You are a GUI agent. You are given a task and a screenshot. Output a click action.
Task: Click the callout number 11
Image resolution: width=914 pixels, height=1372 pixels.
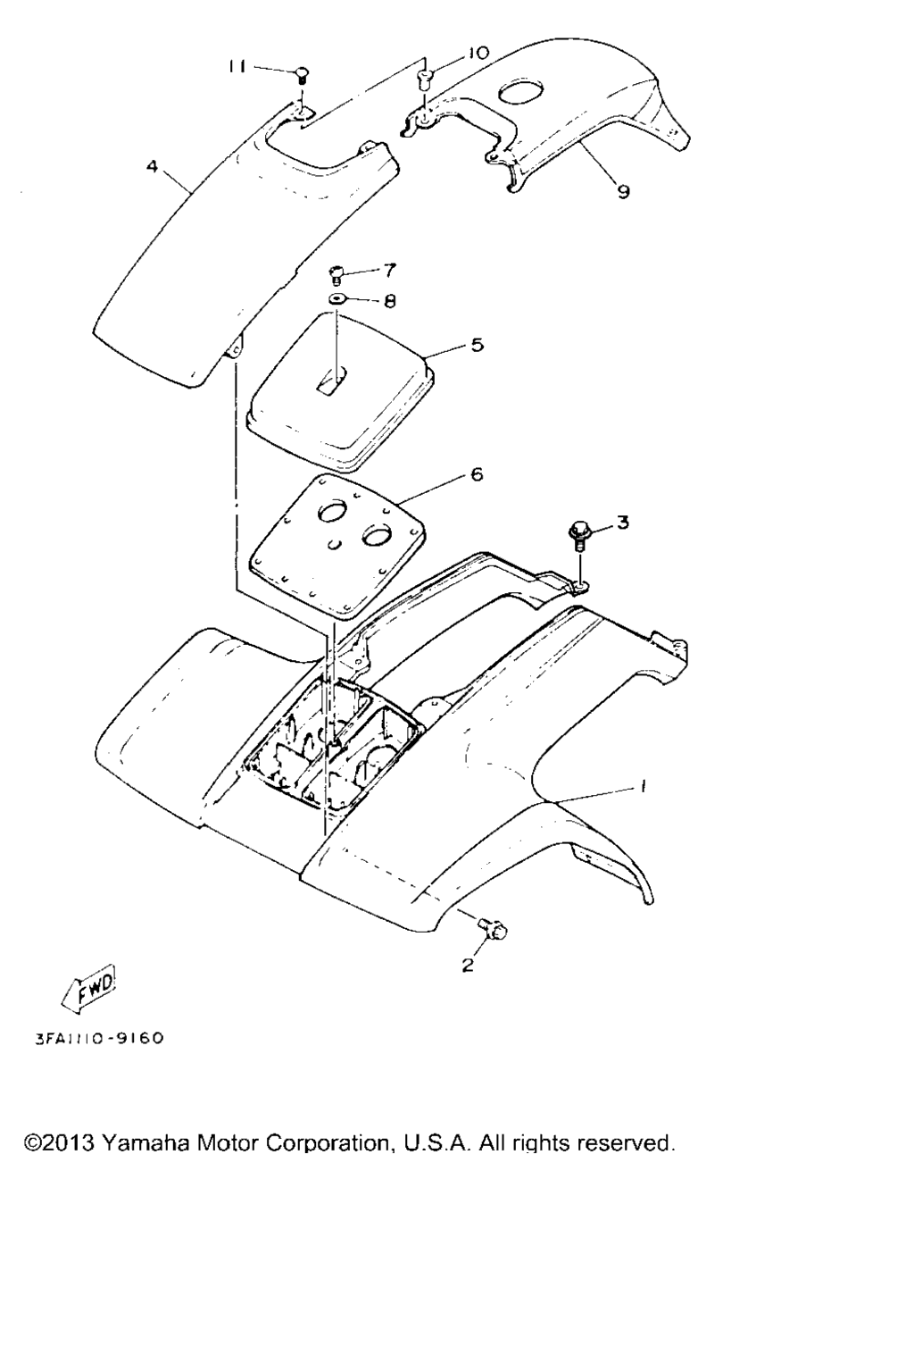237,66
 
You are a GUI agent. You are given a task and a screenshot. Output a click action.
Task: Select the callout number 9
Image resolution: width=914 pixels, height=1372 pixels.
623,192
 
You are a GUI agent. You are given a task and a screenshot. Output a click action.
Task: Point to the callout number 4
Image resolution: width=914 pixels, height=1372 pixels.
152,166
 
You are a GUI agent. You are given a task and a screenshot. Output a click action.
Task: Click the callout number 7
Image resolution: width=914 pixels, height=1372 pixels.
389,270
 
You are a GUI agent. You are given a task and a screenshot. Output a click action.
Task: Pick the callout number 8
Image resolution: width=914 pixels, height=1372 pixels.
390,301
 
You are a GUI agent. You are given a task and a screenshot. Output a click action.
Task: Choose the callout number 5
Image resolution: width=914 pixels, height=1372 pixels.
477,345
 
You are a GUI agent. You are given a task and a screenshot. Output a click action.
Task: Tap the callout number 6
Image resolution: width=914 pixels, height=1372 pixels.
477,474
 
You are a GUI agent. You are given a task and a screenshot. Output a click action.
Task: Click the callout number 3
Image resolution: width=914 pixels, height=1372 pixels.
622,523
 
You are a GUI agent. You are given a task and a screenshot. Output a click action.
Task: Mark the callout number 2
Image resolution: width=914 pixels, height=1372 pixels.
468,966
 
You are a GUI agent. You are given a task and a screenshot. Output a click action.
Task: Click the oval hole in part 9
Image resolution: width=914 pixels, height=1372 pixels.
519,91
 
